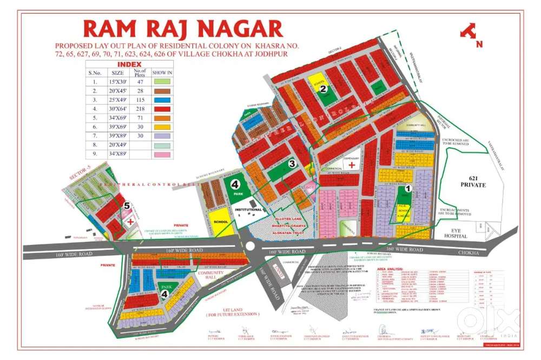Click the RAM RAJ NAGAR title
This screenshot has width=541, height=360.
(x=183, y=29)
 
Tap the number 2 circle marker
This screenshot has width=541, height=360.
(x=322, y=89)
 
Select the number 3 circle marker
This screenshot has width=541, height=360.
(x=291, y=163)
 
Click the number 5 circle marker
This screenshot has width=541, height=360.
(x=126, y=205)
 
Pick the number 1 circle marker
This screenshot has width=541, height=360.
(x=408, y=189)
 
